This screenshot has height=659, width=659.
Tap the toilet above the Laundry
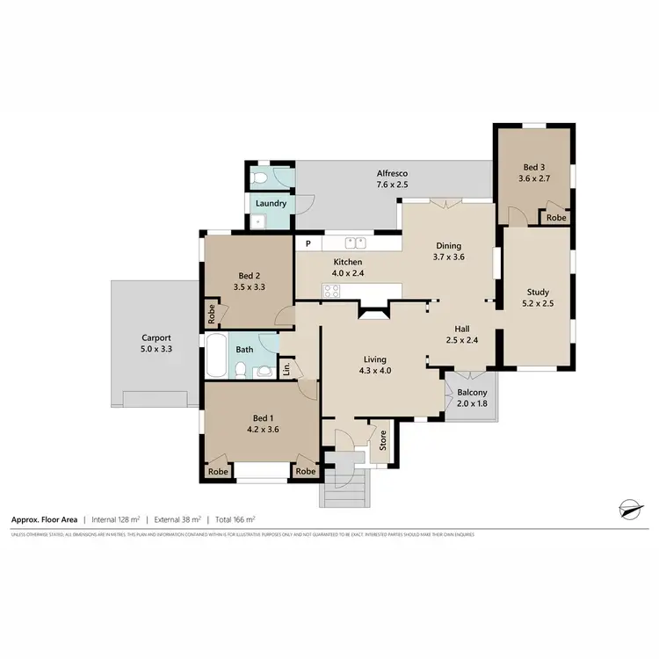click(x=257, y=178)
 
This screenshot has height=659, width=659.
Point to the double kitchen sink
click(x=355, y=243)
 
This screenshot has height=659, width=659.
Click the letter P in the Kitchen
click(x=308, y=243)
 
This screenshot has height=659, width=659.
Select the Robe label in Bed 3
click(x=554, y=217)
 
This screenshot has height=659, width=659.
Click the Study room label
click(x=538, y=292)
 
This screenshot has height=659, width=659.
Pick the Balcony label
click(x=472, y=392)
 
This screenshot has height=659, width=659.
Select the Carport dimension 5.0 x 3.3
click(x=156, y=349)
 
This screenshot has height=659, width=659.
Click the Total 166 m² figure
click(x=232, y=519)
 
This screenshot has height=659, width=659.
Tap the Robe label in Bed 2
click(x=212, y=311)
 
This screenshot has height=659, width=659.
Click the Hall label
click(x=455, y=329)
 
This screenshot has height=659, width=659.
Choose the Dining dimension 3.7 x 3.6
click(x=448, y=257)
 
